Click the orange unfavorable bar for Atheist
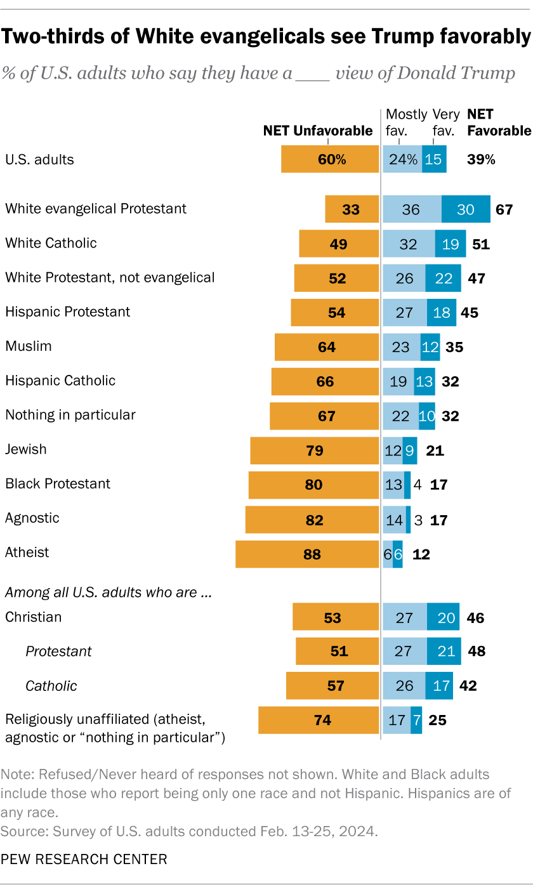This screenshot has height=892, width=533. pyautogui.click(x=307, y=554)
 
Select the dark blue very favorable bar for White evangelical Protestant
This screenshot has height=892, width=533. pyautogui.click(x=466, y=209)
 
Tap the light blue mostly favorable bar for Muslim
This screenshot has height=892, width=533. pyautogui.click(x=401, y=347)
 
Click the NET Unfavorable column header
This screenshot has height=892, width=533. pyautogui.click(x=318, y=131)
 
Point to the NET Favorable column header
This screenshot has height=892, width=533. pyautogui.click(x=499, y=122)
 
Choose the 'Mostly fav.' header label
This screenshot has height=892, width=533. pyautogui.click(x=406, y=122)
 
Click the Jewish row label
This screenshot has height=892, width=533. pyautogui.click(x=26, y=449)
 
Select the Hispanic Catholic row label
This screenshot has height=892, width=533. pyautogui.click(x=60, y=381)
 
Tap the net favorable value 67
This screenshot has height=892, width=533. pyautogui.click(x=504, y=209)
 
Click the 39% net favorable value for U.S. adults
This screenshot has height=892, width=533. pyautogui.click(x=480, y=159)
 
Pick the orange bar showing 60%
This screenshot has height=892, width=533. pyautogui.click(x=330, y=159)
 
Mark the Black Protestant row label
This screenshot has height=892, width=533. pyautogui.click(x=58, y=483)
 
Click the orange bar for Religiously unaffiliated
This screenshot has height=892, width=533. pyautogui.click(x=319, y=720)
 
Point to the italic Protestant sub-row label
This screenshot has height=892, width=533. pyautogui.click(x=58, y=651)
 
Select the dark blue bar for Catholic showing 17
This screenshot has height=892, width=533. pyautogui.click(x=439, y=686)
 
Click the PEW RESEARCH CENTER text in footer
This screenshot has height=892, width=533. pyautogui.click(x=84, y=859)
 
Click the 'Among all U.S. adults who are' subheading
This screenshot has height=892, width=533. pyautogui.click(x=108, y=594)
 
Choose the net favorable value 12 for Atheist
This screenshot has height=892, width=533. pyautogui.click(x=421, y=554)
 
